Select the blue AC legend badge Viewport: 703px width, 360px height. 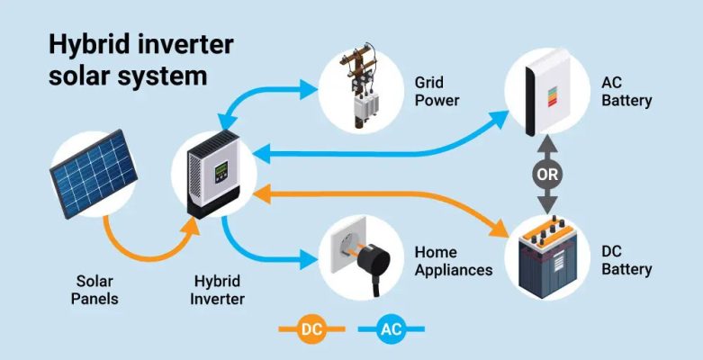pos(391,329)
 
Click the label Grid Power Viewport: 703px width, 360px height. pos(437,90)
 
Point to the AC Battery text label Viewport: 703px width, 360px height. pos(626,92)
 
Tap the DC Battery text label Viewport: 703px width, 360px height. pos(626,260)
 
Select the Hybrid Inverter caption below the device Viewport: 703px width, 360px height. pos(217,289)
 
